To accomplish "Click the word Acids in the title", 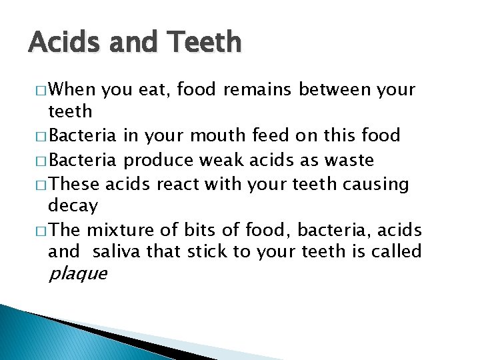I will [x=63, y=43].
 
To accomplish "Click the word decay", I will [x=73, y=205].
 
